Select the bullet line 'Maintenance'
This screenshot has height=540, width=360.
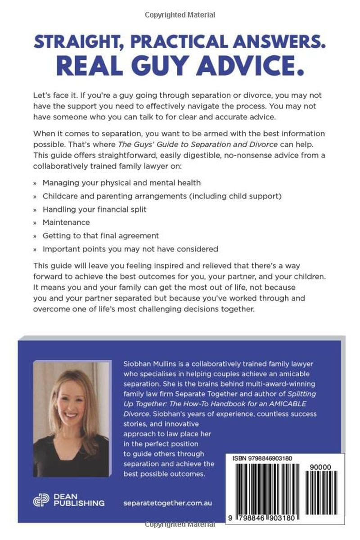tap(66, 222)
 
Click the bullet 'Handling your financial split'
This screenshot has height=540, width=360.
tap(94, 209)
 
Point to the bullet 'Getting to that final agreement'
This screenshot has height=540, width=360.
tap(101, 235)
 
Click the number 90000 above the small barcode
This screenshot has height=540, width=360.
tap(321, 468)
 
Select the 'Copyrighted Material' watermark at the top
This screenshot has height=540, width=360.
tap(180, 15)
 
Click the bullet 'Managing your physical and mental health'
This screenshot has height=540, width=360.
tap(121, 183)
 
